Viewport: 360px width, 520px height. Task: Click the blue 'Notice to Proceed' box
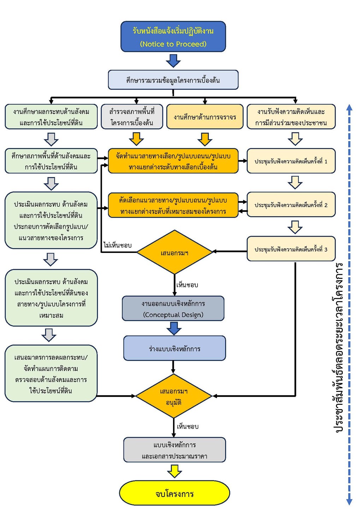pyautogui.click(x=173, y=37)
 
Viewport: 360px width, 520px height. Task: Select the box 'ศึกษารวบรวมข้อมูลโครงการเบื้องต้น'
pyautogui.click(x=173, y=80)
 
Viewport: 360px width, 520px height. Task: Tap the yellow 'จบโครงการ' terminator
pyautogui.click(x=175, y=493)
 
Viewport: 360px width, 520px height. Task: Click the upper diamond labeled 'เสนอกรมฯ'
pyautogui.click(x=175, y=253)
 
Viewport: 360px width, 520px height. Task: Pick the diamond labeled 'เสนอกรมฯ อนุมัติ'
pyautogui.click(x=174, y=396)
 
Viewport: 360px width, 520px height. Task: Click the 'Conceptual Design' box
pyautogui.click(x=173, y=309)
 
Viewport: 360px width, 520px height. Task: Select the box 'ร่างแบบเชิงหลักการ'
pyautogui.click(x=175, y=348)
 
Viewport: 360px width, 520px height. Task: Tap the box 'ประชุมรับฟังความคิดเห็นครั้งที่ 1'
pyautogui.click(x=291, y=161)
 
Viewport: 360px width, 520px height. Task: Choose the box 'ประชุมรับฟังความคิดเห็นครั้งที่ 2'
pyautogui.click(x=291, y=205)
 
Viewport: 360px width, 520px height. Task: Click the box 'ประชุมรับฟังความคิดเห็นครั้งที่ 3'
pyautogui.click(x=291, y=249)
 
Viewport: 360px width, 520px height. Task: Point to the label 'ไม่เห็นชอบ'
pyautogui.click(x=118, y=245)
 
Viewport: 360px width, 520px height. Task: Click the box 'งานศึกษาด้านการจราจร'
pyautogui.click(x=205, y=117)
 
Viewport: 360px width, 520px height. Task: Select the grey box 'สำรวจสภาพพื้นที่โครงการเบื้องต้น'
pyautogui.click(x=132, y=117)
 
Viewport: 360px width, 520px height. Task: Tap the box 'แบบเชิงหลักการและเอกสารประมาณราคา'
pyautogui.click(x=175, y=450)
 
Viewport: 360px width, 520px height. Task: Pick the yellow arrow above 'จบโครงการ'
pyautogui.click(x=175, y=471)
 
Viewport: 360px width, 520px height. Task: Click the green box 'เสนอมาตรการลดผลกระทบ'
pyautogui.click(x=51, y=374)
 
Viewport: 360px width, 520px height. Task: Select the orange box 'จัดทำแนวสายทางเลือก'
pyautogui.click(x=173, y=161)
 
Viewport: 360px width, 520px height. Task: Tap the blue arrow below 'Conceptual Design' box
pyautogui.click(x=174, y=329)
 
